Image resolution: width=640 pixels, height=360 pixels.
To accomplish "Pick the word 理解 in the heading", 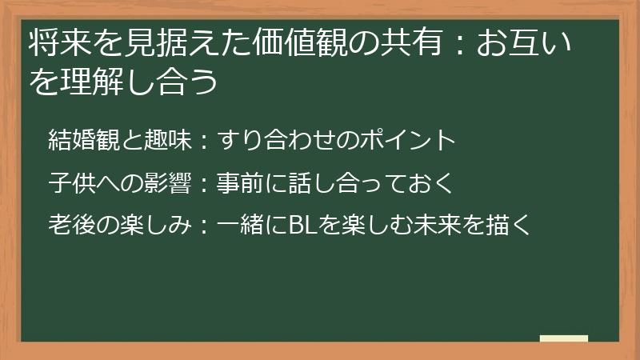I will point(95,82).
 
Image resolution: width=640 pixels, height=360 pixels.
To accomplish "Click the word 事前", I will point(243,183).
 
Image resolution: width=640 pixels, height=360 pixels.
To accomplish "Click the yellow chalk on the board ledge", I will point(563,339).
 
